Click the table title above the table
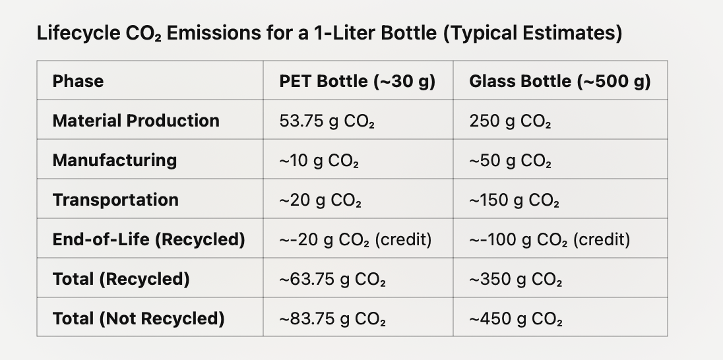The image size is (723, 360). click(329, 34)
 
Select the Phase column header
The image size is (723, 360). click(78, 81)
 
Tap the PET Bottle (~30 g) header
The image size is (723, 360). click(357, 81)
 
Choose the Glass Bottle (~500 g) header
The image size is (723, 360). click(559, 81)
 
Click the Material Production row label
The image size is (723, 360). click(136, 121)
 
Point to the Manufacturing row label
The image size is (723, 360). click(115, 160)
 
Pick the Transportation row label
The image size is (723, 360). click(115, 200)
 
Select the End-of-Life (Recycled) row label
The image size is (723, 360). click(148, 239)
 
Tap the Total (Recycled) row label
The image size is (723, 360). click(121, 279)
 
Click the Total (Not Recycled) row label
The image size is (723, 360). click(139, 318)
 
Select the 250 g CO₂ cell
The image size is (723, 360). click(510, 121)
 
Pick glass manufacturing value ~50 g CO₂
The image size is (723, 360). click(510, 161)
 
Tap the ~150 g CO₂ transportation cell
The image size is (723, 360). click(514, 200)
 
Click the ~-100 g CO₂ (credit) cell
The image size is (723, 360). click(549, 240)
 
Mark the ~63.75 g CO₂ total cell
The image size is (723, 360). click(332, 280)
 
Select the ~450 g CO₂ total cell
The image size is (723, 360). click(515, 319)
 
